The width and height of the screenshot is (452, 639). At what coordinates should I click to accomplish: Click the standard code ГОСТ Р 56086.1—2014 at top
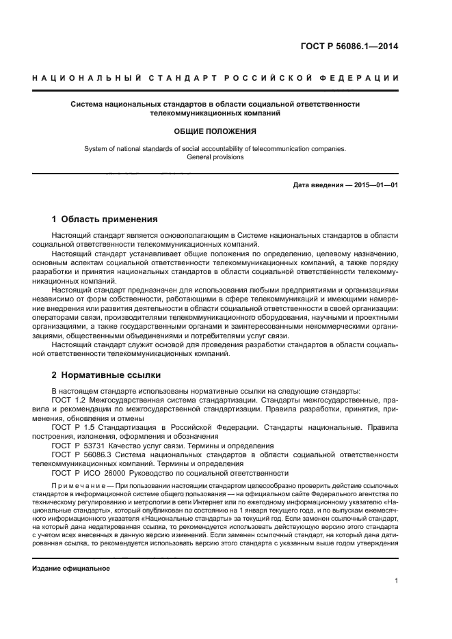[x=349, y=47]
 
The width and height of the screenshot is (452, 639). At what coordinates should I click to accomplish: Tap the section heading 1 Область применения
[x=105, y=219]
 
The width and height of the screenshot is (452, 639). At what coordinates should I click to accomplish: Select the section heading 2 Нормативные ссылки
[x=106, y=375]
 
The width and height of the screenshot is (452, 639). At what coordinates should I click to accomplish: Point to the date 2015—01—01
[x=373, y=185]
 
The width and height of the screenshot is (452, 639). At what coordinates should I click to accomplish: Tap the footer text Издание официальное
[x=70, y=568]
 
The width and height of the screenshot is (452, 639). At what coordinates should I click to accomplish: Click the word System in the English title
[x=95, y=148]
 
